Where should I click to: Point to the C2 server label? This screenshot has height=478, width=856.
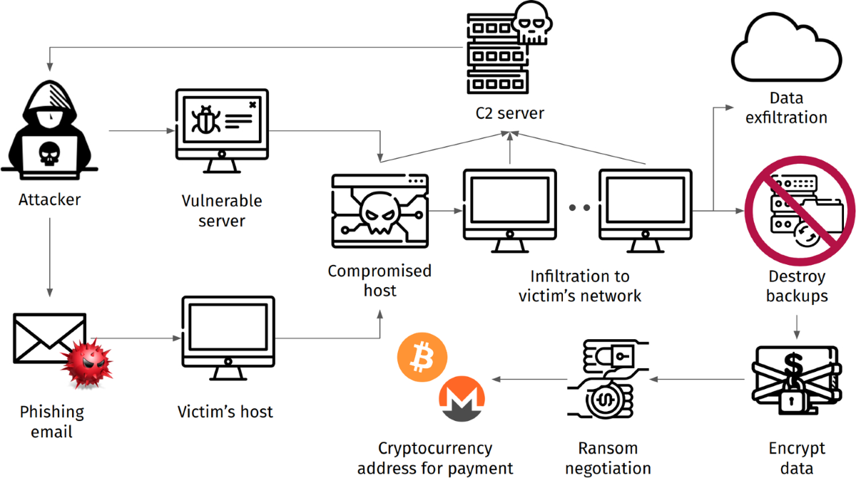(509, 113)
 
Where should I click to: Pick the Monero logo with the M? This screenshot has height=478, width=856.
(461, 400)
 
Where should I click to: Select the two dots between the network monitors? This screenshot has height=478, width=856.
(579, 207)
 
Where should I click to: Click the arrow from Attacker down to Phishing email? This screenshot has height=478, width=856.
(50, 256)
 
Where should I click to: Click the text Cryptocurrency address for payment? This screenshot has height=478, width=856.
(435, 458)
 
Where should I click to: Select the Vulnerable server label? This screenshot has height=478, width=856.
(222, 210)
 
